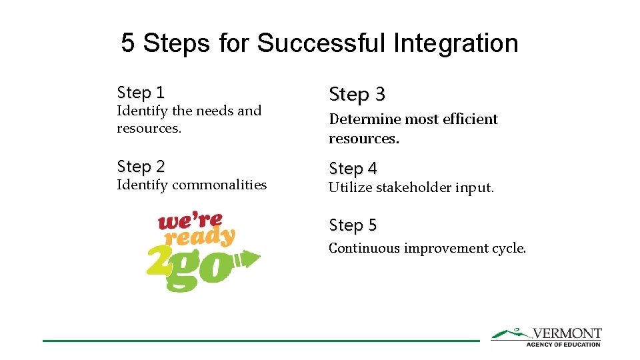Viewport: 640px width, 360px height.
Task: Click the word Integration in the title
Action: pos(455,43)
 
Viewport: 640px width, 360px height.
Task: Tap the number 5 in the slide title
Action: pos(128,43)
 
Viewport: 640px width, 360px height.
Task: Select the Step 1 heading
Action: pos(140,92)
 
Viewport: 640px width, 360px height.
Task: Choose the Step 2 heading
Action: pos(140,166)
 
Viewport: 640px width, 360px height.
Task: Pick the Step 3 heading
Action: pos(357,95)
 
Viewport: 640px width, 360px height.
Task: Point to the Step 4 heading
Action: pos(353,169)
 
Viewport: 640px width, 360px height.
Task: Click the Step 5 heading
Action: pos(353,226)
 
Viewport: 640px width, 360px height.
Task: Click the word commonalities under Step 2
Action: pos(219,185)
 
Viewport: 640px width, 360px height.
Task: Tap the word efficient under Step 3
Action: pos(467,119)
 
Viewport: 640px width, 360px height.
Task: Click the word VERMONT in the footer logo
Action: pos(567,333)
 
